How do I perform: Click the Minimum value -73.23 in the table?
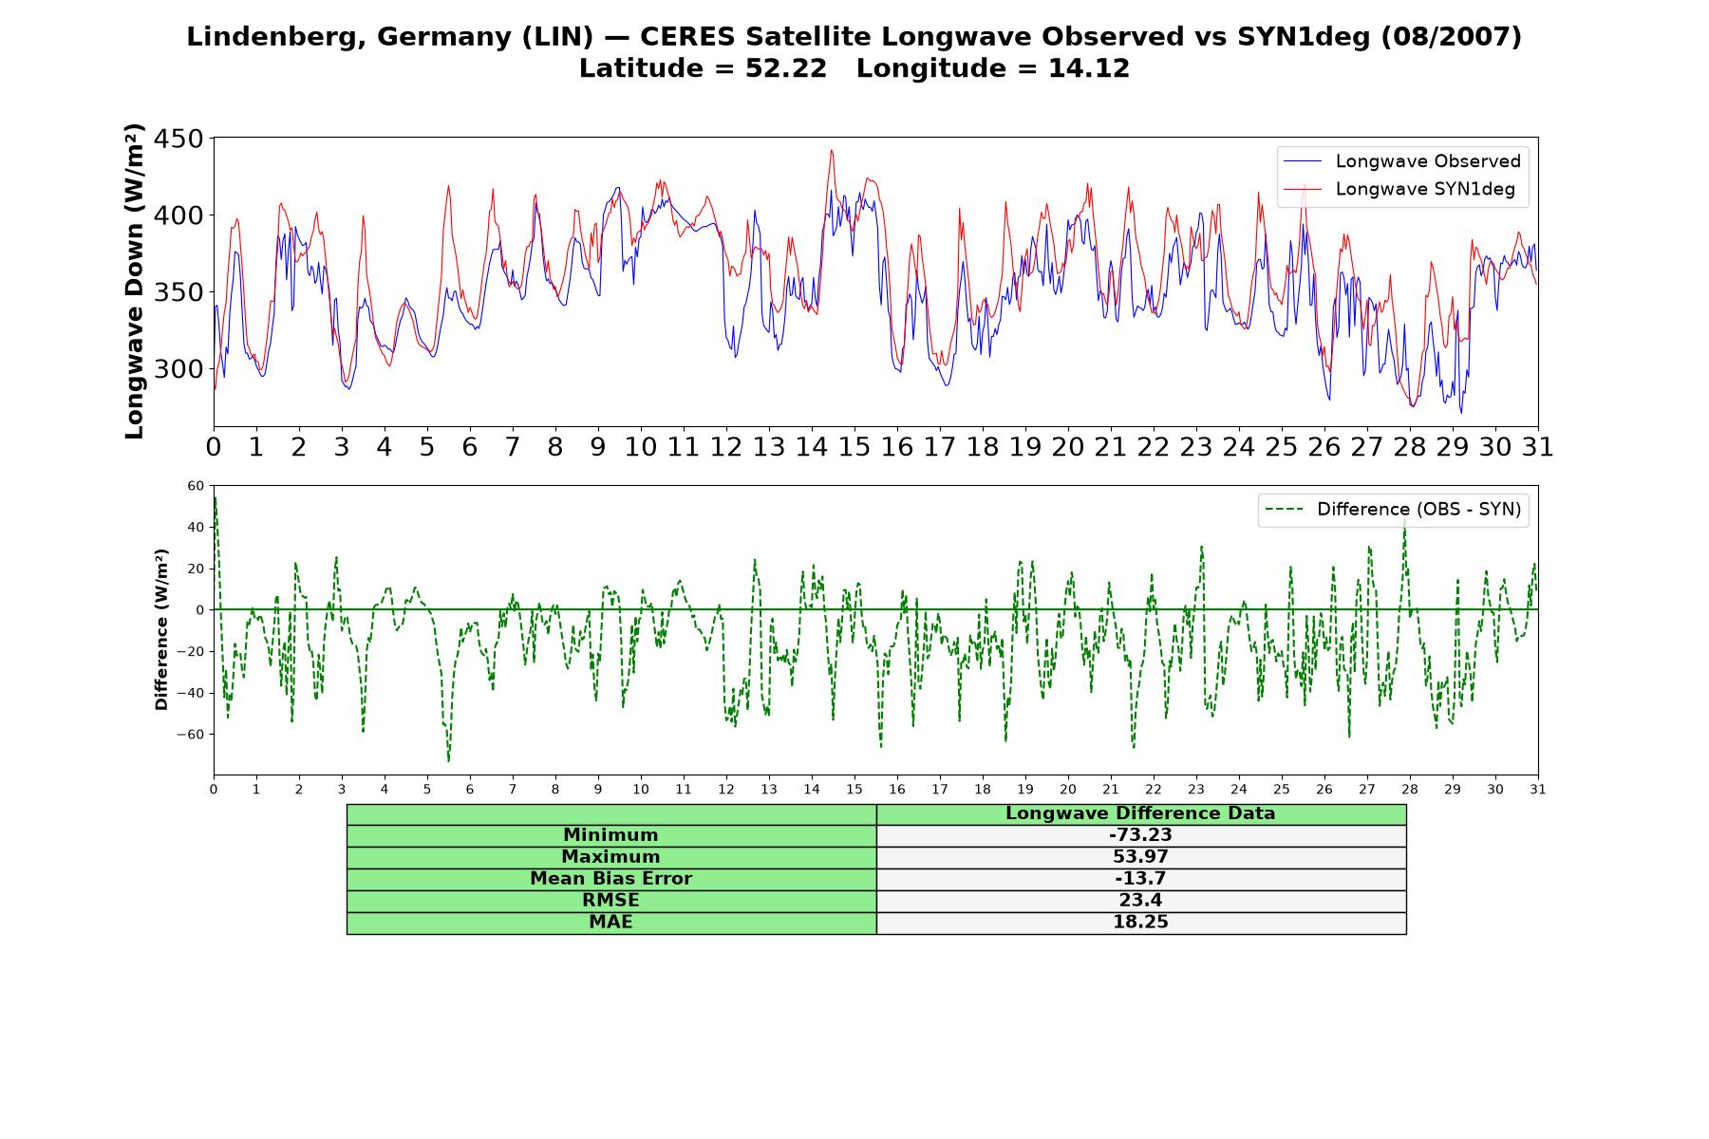click(1140, 835)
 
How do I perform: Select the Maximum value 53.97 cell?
click(1140, 857)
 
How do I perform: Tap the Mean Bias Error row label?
click(610, 879)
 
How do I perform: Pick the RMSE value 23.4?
click(1140, 901)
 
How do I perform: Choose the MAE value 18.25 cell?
click(1140, 923)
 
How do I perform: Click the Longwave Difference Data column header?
click(1140, 813)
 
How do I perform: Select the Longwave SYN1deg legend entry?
click(1399, 189)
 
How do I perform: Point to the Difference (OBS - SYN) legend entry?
click(1393, 510)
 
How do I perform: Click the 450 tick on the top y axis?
click(178, 140)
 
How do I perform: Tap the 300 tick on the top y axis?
click(178, 369)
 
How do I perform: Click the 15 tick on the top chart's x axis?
click(854, 447)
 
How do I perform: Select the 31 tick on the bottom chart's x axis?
click(1538, 790)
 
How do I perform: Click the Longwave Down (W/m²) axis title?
click(134, 281)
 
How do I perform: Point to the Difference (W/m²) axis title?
click(161, 629)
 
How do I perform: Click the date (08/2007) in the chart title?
click(1452, 37)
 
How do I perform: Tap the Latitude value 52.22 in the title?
click(786, 68)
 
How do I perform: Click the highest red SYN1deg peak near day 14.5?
click(832, 150)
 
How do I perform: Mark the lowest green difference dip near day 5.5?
click(449, 760)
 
